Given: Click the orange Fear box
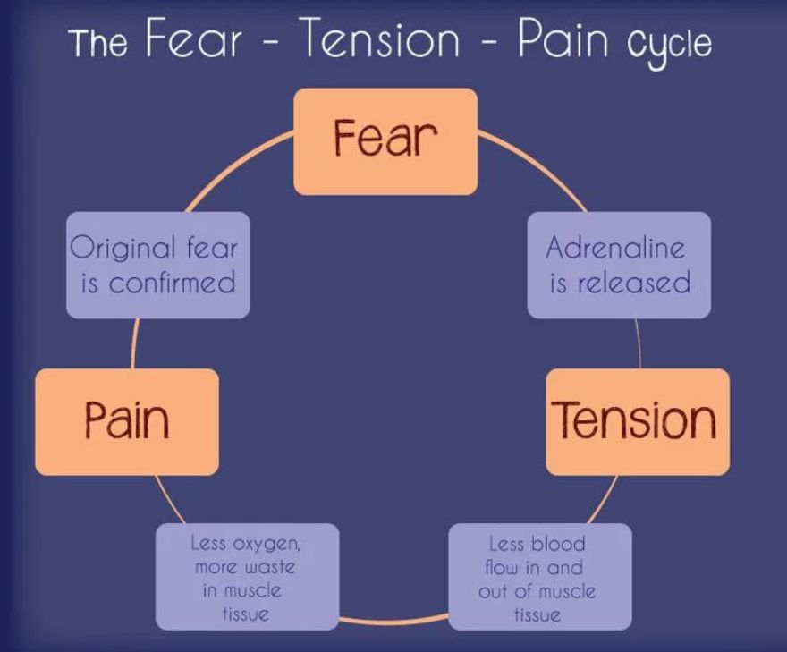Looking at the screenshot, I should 385,141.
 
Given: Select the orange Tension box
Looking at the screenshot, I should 637,421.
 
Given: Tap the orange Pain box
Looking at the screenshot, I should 127,421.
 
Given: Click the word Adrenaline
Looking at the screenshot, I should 615,247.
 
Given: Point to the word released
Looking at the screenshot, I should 634,284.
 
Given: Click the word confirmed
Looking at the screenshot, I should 172,284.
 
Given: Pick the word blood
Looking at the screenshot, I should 558,544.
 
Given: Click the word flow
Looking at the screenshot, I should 503,567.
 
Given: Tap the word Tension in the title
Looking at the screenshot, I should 380,39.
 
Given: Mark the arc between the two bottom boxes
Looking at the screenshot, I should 393,620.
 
